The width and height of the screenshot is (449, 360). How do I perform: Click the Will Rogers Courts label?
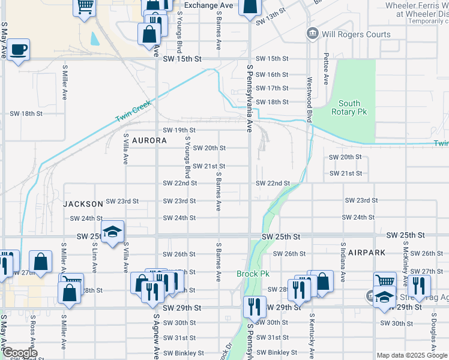click(357, 34)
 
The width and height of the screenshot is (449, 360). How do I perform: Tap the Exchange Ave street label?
click(208, 5)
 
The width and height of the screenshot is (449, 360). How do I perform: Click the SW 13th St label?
click(271, 20)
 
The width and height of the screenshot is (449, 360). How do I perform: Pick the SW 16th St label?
click(272, 74)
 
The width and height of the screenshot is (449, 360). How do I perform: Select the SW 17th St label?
click(272, 88)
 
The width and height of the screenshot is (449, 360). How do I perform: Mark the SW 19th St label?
click(179, 130)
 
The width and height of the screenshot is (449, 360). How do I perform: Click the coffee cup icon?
click(18, 50)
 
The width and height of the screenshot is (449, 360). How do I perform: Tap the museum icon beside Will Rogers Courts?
click(312, 34)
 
